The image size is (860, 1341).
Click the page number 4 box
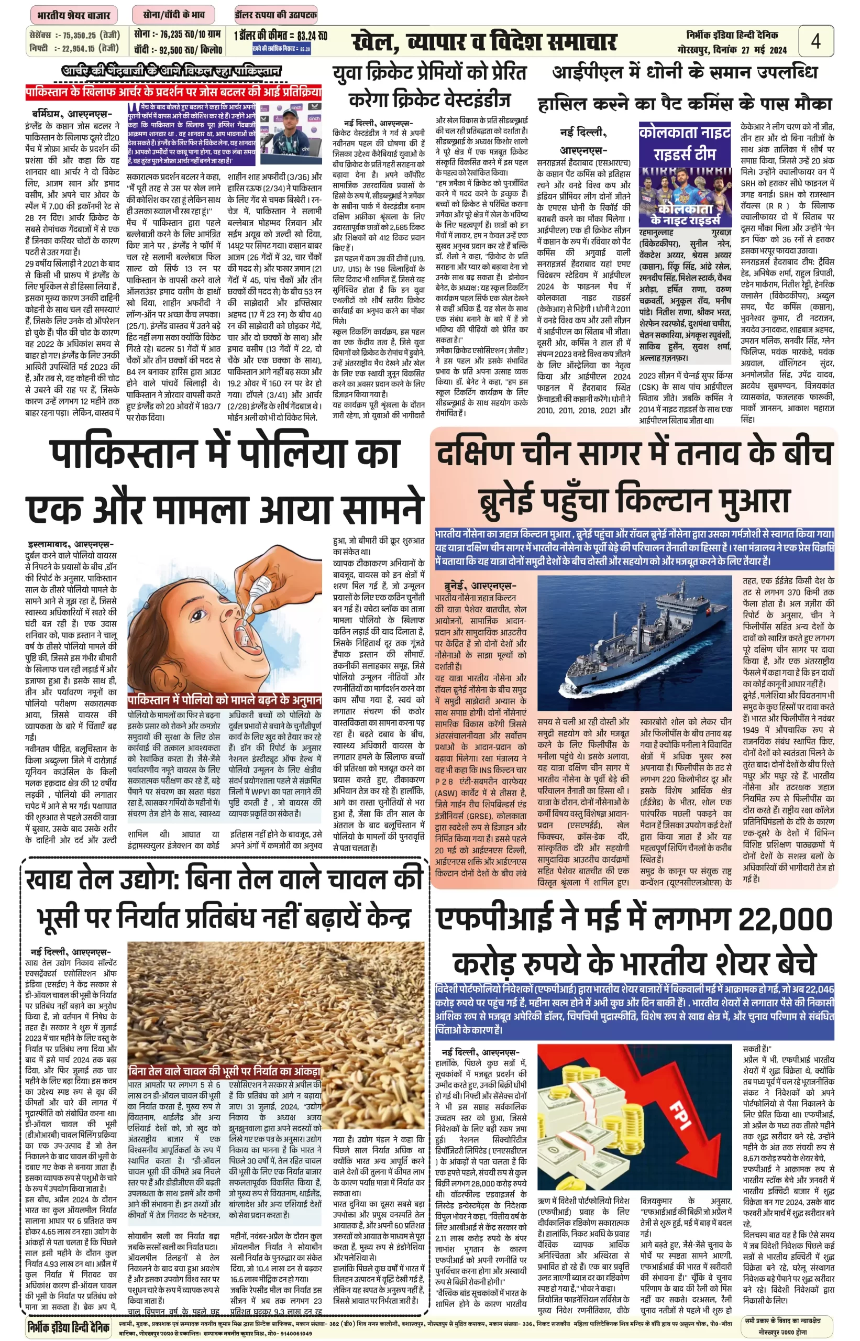815,41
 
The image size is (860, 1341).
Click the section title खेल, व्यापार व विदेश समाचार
484,42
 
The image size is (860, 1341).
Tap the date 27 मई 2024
764,50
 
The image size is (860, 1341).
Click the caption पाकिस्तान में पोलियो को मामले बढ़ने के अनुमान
225,700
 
